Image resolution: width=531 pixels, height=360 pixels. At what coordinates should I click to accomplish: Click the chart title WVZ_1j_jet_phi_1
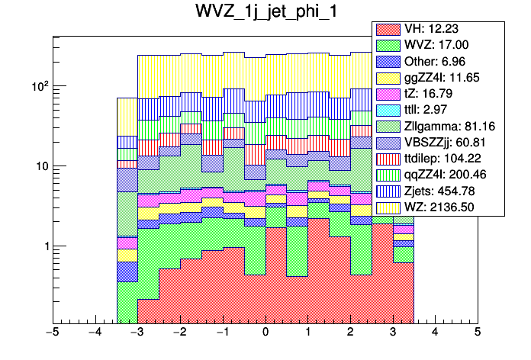tap(265, 14)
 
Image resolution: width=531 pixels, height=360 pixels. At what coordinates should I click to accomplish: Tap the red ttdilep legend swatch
tap(388, 158)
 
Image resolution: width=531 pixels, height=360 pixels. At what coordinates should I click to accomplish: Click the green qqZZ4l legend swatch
tap(388, 174)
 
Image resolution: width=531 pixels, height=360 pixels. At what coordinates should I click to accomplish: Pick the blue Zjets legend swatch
tap(388, 190)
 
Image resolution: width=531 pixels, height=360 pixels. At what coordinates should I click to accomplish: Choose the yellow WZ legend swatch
tap(388, 206)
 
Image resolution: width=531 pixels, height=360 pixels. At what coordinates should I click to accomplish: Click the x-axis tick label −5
tap(52, 333)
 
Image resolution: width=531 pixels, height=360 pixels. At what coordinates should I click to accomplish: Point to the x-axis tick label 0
tap(265, 333)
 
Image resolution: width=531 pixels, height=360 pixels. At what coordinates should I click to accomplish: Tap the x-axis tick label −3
tap(137, 333)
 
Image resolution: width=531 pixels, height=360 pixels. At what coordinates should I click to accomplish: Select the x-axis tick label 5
tap(478, 333)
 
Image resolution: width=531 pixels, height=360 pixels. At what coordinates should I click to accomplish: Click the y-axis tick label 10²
tap(38, 85)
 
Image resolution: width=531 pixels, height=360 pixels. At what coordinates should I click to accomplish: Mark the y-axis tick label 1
tap(45, 246)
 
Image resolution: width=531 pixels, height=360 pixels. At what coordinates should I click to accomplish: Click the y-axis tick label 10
tap(41, 166)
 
